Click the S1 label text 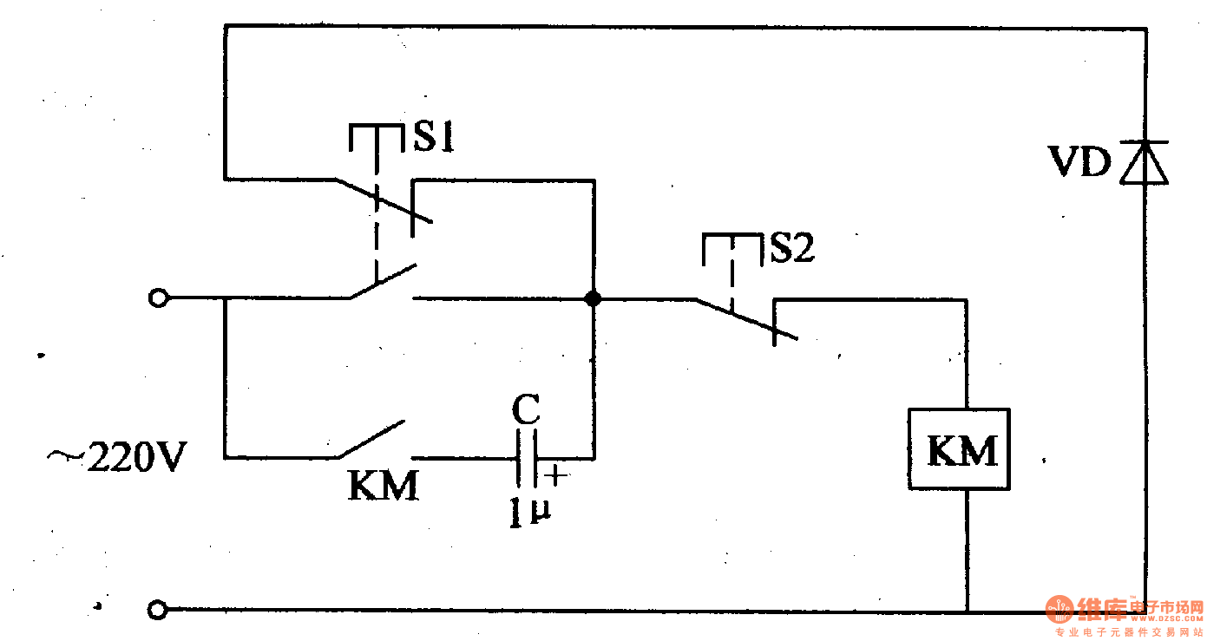click(433, 139)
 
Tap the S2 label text click(793, 249)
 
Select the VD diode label click(1079, 162)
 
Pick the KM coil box click(961, 448)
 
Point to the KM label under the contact click(383, 486)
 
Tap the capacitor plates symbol click(527, 458)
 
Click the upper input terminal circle click(157, 298)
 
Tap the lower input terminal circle click(157, 611)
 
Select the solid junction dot click(594, 298)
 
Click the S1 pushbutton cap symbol click(377, 137)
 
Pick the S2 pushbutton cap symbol click(731, 246)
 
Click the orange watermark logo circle click(1060, 610)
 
